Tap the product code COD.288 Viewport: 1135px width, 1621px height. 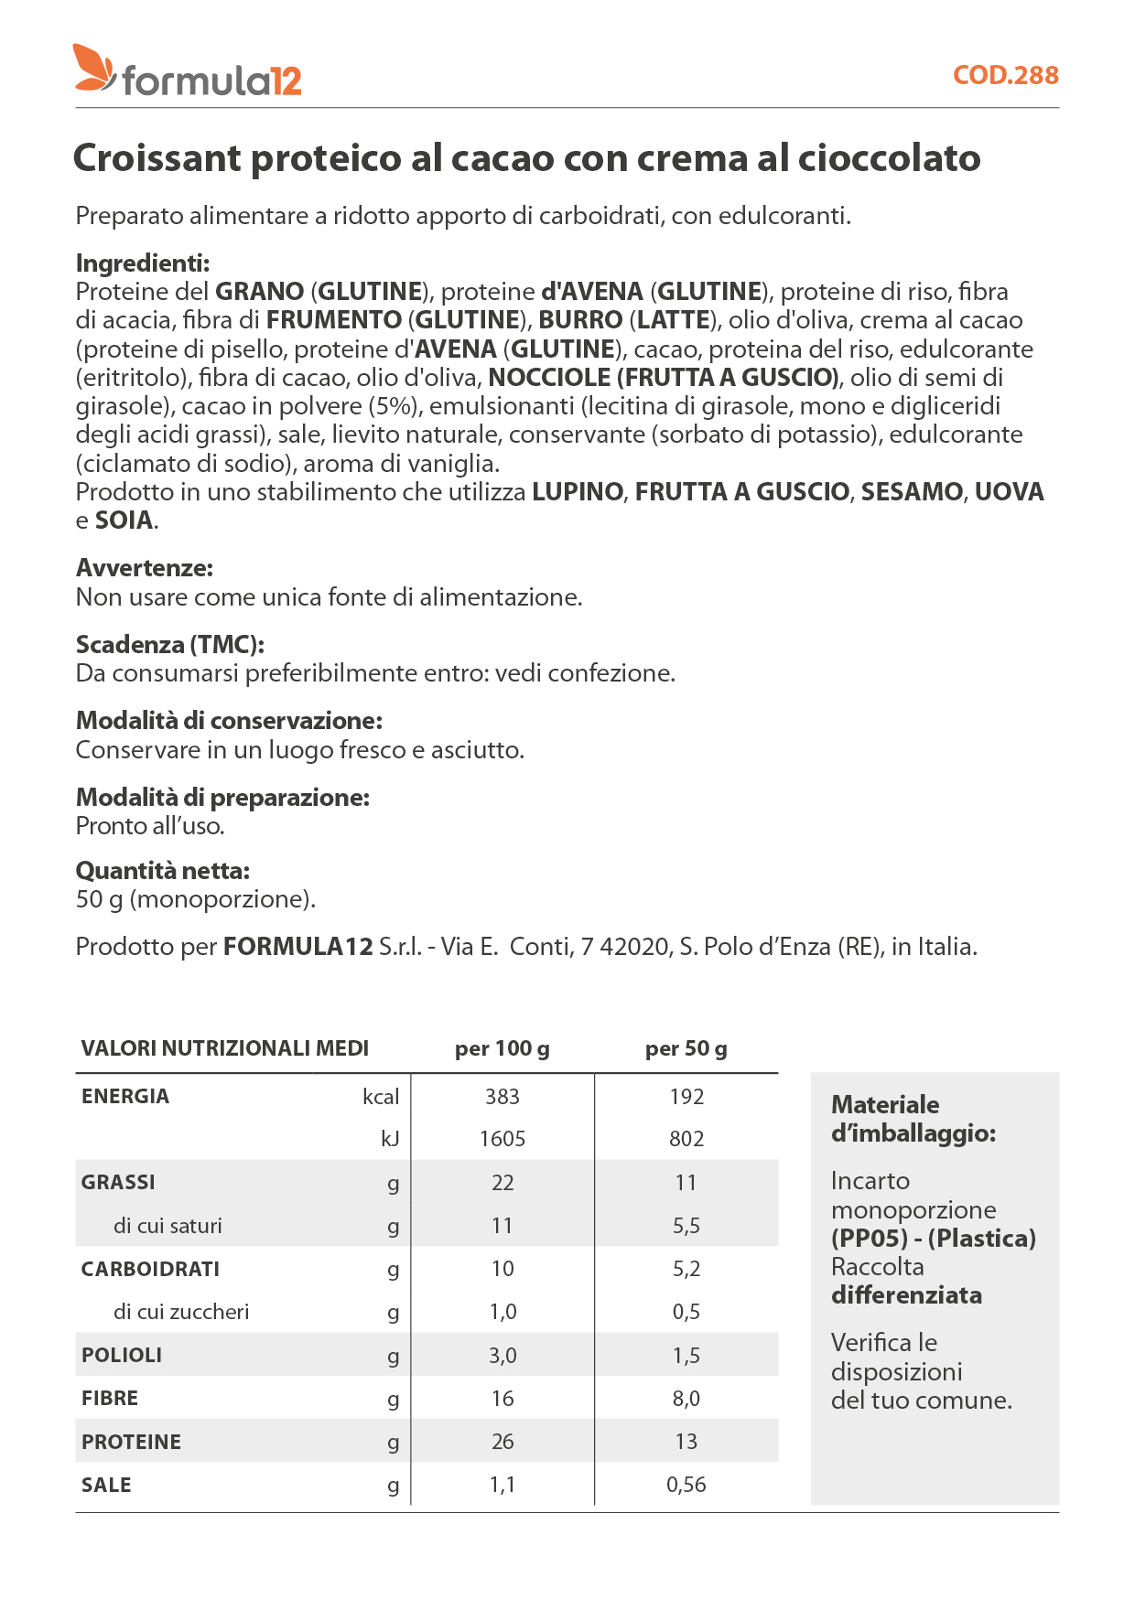click(x=1005, y=75)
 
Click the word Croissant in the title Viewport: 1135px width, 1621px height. click(x=157, y=158)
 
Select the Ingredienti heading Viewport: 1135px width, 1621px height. click(x=143, y=263)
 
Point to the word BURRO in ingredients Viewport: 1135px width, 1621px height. click(x=580, y=320)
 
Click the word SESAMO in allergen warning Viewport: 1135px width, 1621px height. click(x=912, y=492)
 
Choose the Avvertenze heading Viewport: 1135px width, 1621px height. click(x=145, y=568)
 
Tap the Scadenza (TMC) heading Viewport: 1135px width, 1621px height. click(x=170, y=645)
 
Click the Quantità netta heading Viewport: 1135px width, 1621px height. click(x=163, y=871)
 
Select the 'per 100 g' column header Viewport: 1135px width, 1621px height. click(x=503, y=1048)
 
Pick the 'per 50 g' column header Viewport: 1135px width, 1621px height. click(x=686, y=1048)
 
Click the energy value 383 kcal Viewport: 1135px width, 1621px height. click(x=503, y=1097)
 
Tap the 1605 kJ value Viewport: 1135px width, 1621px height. click(x=503, y=1139)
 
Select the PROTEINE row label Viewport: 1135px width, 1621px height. click(x=132, y=1443)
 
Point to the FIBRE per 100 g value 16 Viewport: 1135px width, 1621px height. click(x=503, y=1399)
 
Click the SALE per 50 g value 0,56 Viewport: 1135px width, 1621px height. click(x=686, y=1485)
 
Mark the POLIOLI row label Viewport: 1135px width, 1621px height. click(x=122, y=1356)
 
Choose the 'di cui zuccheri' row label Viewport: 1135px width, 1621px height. click(x=181, y=1312)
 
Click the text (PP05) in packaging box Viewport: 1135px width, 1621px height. click(x=869, y=1239)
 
